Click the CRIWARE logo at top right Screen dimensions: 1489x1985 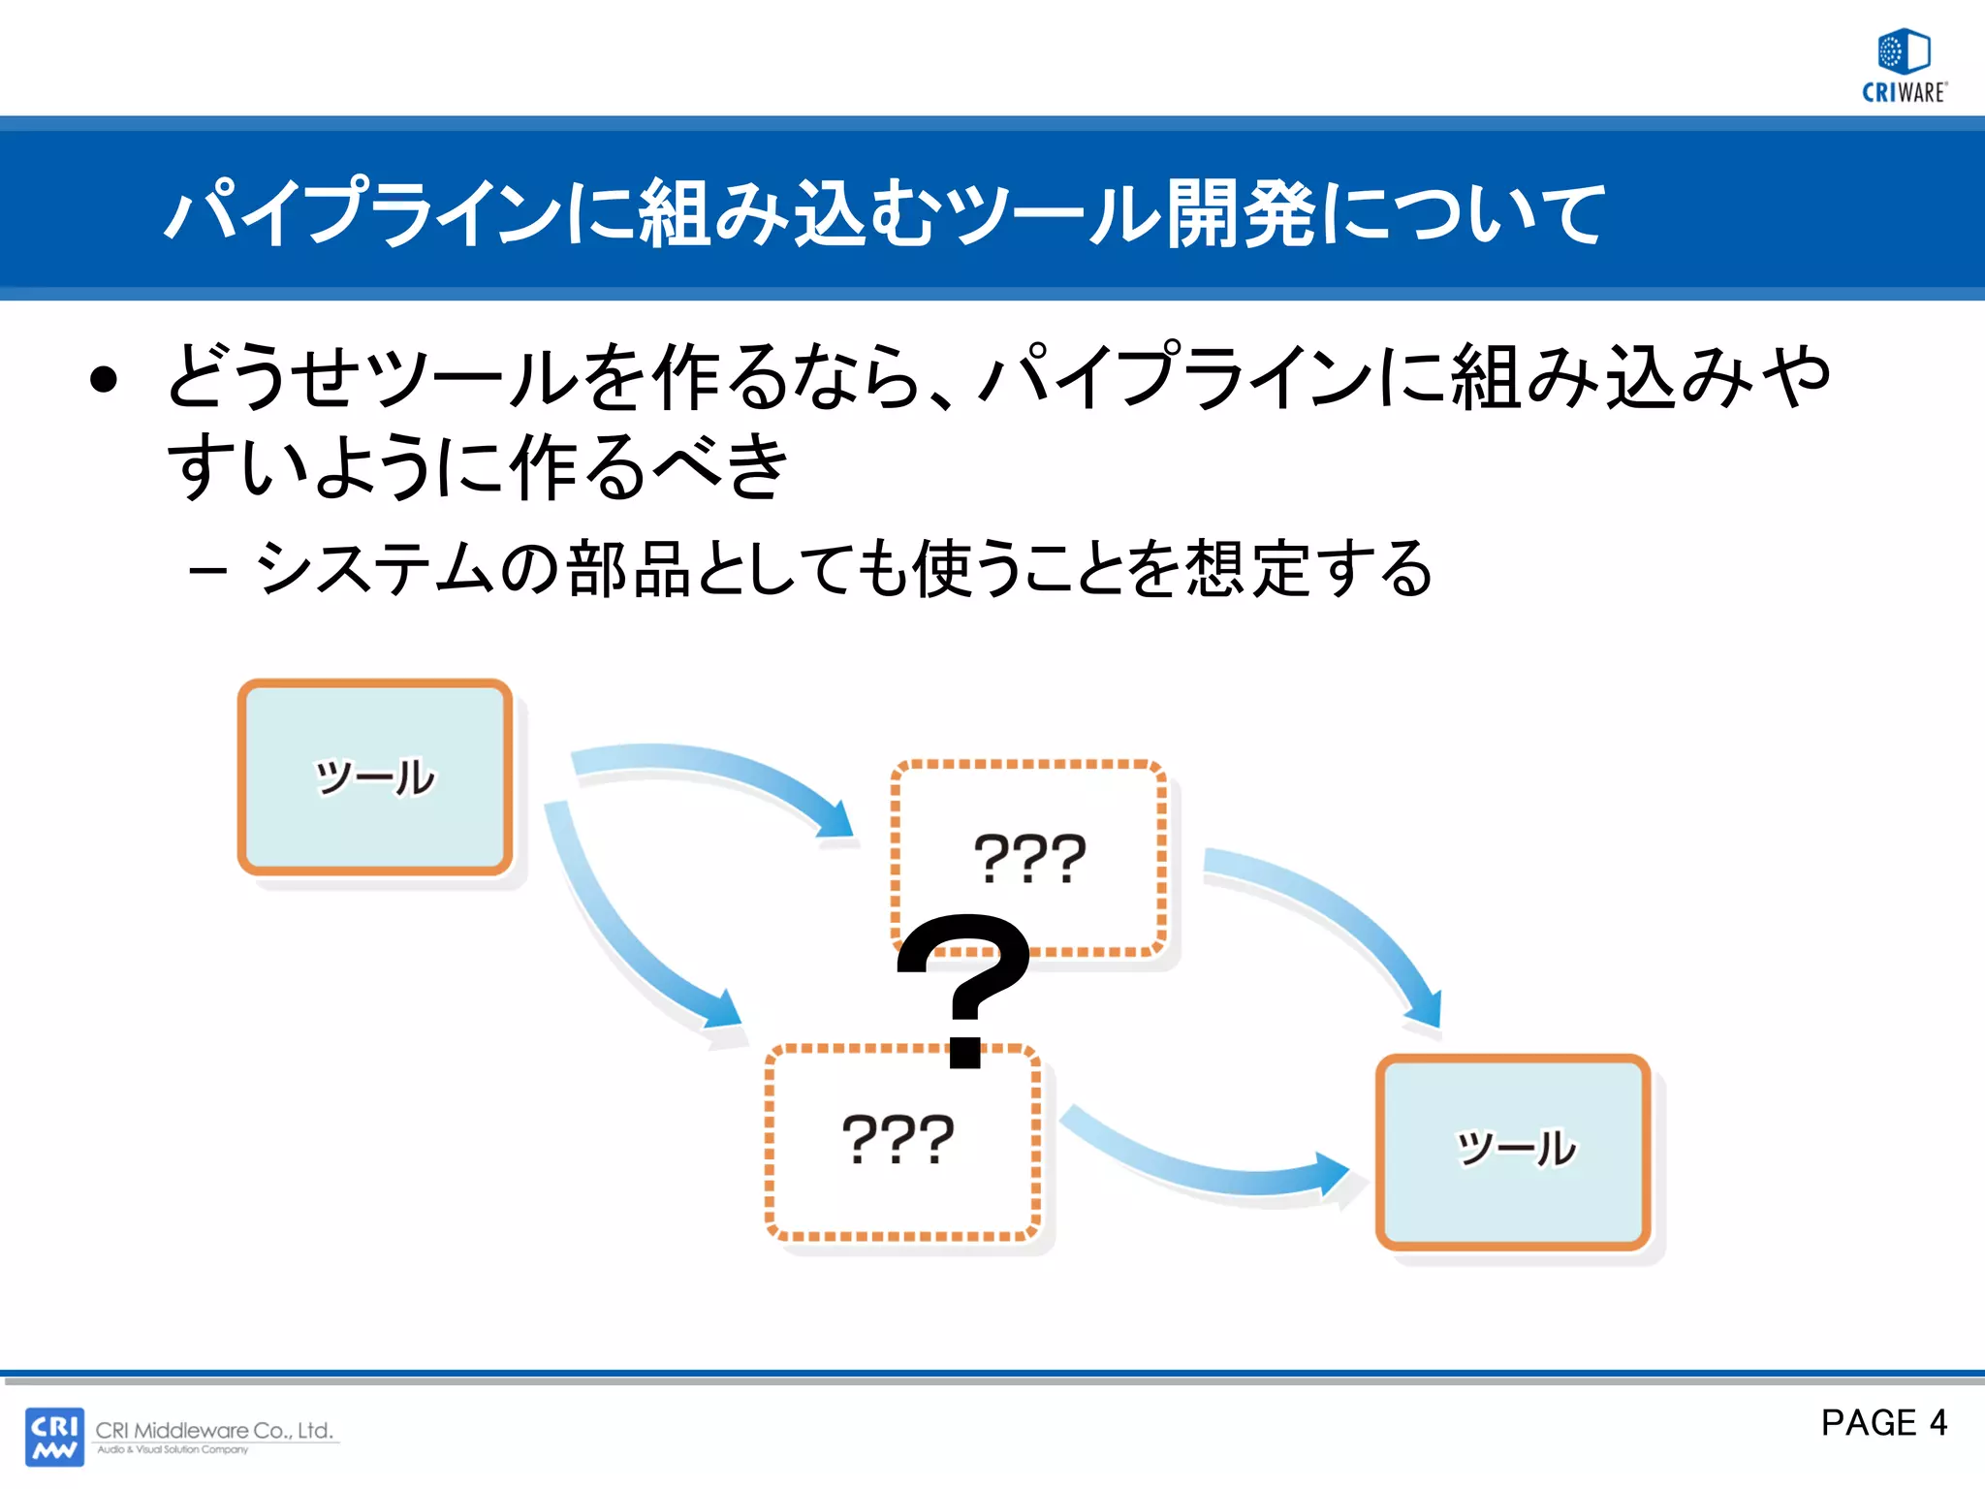(x=1904, y=66)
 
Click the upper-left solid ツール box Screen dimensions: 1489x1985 (x=375, y=776)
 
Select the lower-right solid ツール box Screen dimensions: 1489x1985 (x=1513, y=1151)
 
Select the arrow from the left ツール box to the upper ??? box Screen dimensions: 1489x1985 (x=717, y=776)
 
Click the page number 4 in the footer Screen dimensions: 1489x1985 (x=1938, y=1422)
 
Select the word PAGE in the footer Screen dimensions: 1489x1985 (x=1869, y=1422)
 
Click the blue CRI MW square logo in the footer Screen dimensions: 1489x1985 (x=54, y=1437)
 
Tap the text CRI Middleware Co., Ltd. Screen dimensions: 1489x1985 (x=214, y=1430)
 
